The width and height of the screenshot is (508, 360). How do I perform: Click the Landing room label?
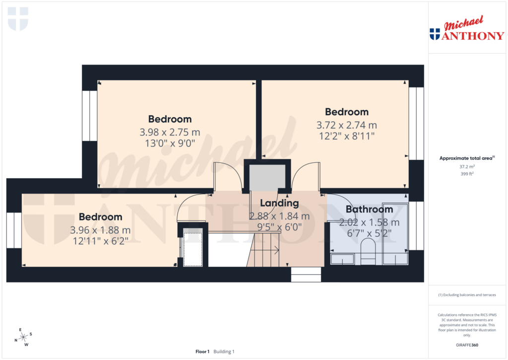click(279, 203)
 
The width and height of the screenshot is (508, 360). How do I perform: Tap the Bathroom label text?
click(369, 209)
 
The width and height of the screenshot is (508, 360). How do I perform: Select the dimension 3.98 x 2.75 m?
click(170, 132)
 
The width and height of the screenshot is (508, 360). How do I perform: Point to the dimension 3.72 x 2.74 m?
click(346, 125)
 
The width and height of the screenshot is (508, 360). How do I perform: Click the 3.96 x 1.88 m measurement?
click(100, 230)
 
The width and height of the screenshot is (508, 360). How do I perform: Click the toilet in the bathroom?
click(368, 250)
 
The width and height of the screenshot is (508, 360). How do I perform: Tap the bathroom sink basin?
click(342, 259)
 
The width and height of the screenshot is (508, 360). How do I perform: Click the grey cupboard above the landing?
click(267, 177)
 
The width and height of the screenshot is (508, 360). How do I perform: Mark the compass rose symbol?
click(23, 337)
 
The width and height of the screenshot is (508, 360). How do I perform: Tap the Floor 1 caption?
click(202, 352)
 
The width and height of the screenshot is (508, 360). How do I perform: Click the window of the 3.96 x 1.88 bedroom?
click(14, 230)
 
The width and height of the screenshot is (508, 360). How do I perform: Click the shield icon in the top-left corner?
click(18, 18)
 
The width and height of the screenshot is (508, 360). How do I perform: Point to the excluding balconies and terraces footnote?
click(467, 295)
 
